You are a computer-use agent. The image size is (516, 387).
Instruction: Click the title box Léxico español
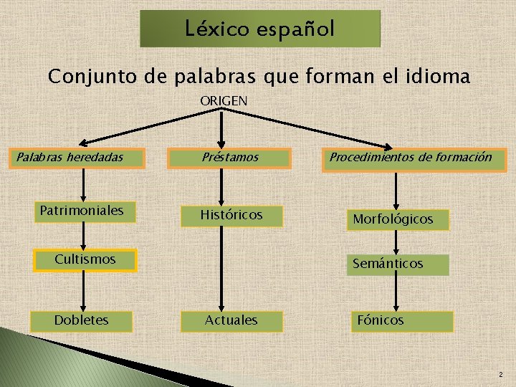point(259,29)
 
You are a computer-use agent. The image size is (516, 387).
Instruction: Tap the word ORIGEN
point(224,101)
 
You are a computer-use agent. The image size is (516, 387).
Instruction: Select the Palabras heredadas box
point(77,158)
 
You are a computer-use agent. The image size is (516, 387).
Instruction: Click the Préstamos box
point(229,158)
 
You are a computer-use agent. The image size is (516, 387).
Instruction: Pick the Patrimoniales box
point(82,211)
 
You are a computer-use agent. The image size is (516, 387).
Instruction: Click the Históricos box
point(231,215)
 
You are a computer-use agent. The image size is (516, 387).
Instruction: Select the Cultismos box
point(85,259)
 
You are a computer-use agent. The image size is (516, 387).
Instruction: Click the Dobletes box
point(82,320)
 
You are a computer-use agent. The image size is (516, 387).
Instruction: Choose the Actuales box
point(231,320)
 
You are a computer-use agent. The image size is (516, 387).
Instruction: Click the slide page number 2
point(500,375)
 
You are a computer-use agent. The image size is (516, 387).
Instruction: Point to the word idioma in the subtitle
point(439,76)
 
